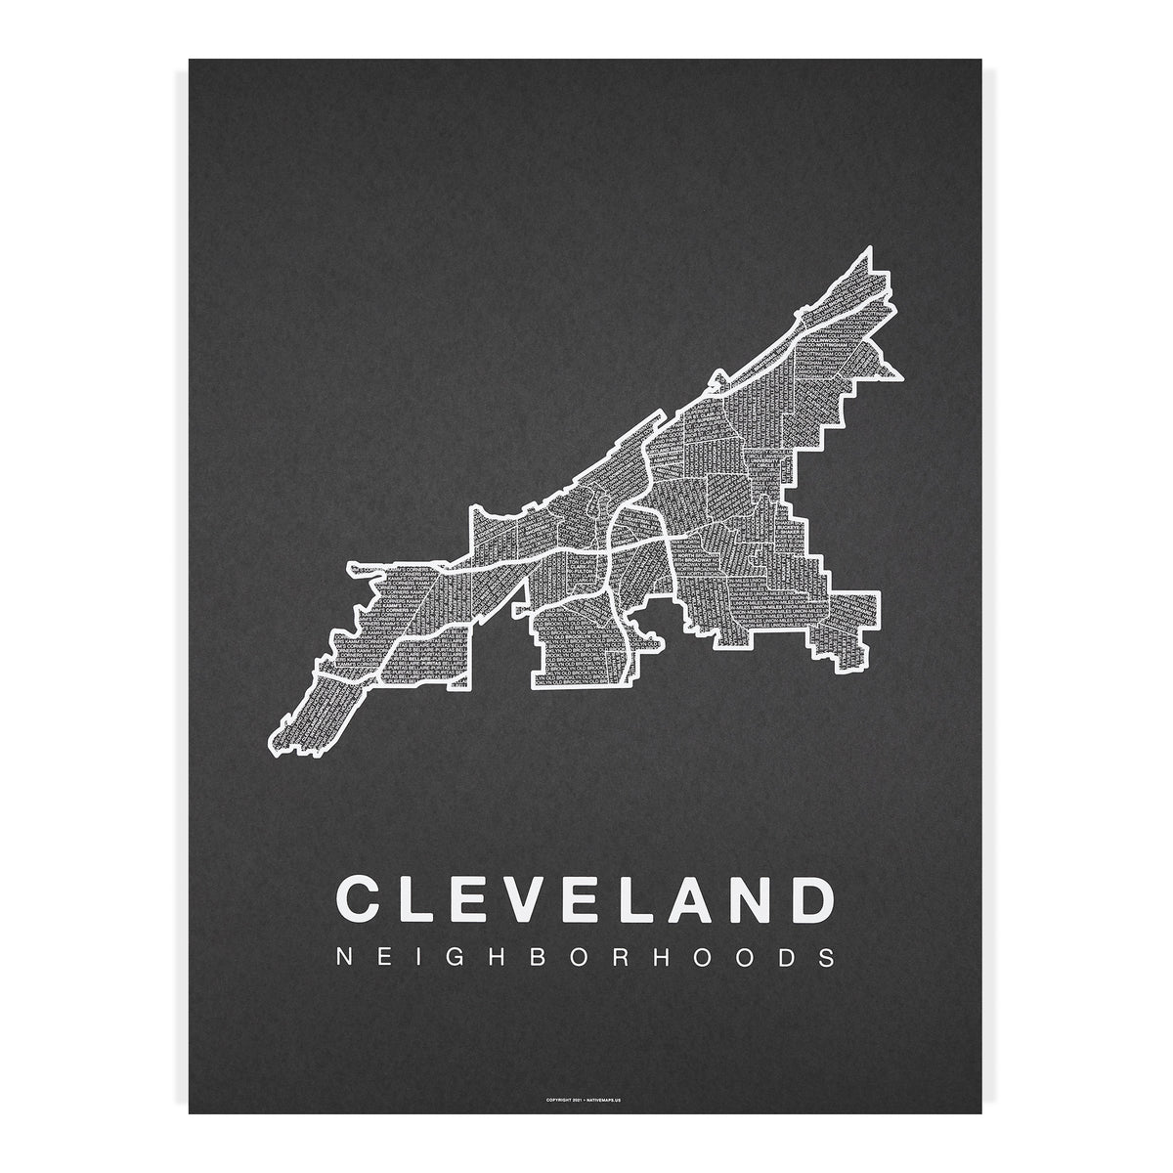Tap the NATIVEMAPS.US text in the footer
pos(608,1099)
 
